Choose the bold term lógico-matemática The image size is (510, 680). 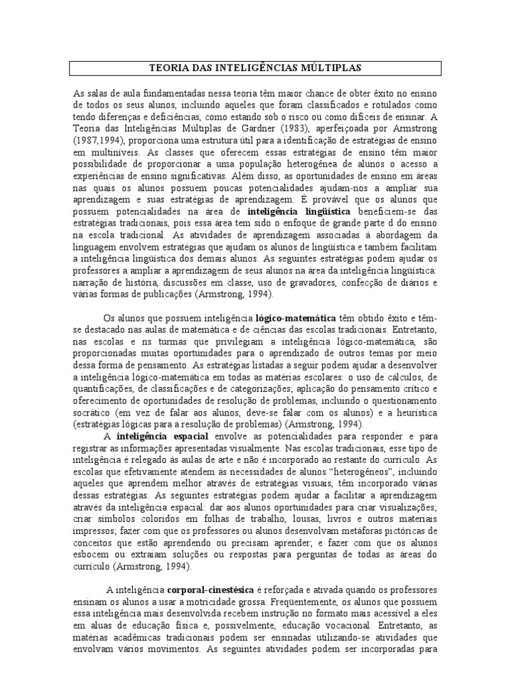point(299,319)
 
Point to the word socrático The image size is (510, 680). point(93,411)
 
